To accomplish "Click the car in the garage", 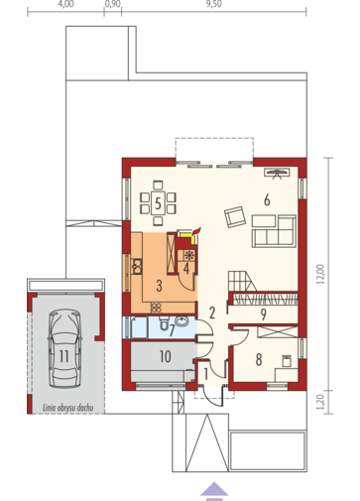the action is click(64, 348).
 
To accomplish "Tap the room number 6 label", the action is click(267, 200).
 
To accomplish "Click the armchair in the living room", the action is click(235, 217).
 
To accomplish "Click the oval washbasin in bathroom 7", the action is click(181, 320).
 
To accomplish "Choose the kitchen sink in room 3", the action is click(137, 267).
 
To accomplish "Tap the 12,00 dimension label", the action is click(320, 274).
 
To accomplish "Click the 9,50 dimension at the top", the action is click(214, 4).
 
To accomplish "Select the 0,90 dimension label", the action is click(113, 4).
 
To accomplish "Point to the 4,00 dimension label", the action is click(65, 4).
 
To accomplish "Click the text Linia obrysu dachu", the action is click(67, 408).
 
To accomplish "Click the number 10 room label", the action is click(166, 357).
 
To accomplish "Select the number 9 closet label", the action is click(264, 314).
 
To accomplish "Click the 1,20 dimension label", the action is click(320, 402).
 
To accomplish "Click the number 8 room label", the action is click(259, 359).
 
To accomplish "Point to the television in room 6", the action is click(277, 173).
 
